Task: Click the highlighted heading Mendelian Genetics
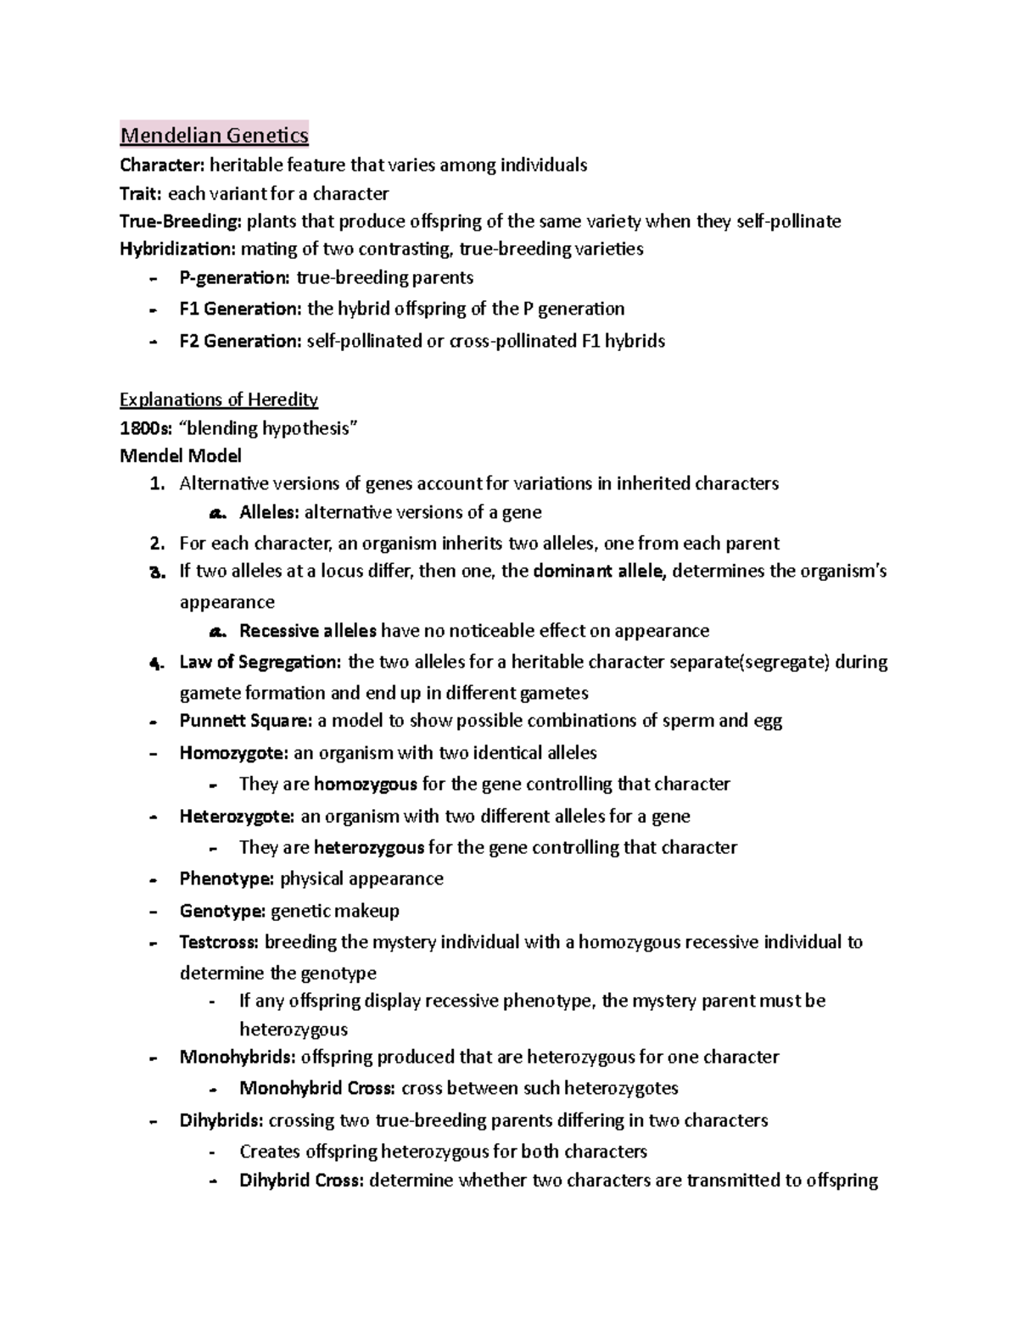pos(214,135)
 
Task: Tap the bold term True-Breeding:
pos(181,221)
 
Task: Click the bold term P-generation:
pos(234,278)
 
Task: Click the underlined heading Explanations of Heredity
pos(219,399)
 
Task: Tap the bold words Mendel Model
pos(181,456)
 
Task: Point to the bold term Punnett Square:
pos(246,721)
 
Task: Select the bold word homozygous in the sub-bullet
pos(365,784)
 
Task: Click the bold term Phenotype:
pos(227,879)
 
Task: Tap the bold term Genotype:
pos(222,911)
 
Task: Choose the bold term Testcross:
pos(221,942)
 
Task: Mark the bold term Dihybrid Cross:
pos(301,1180)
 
